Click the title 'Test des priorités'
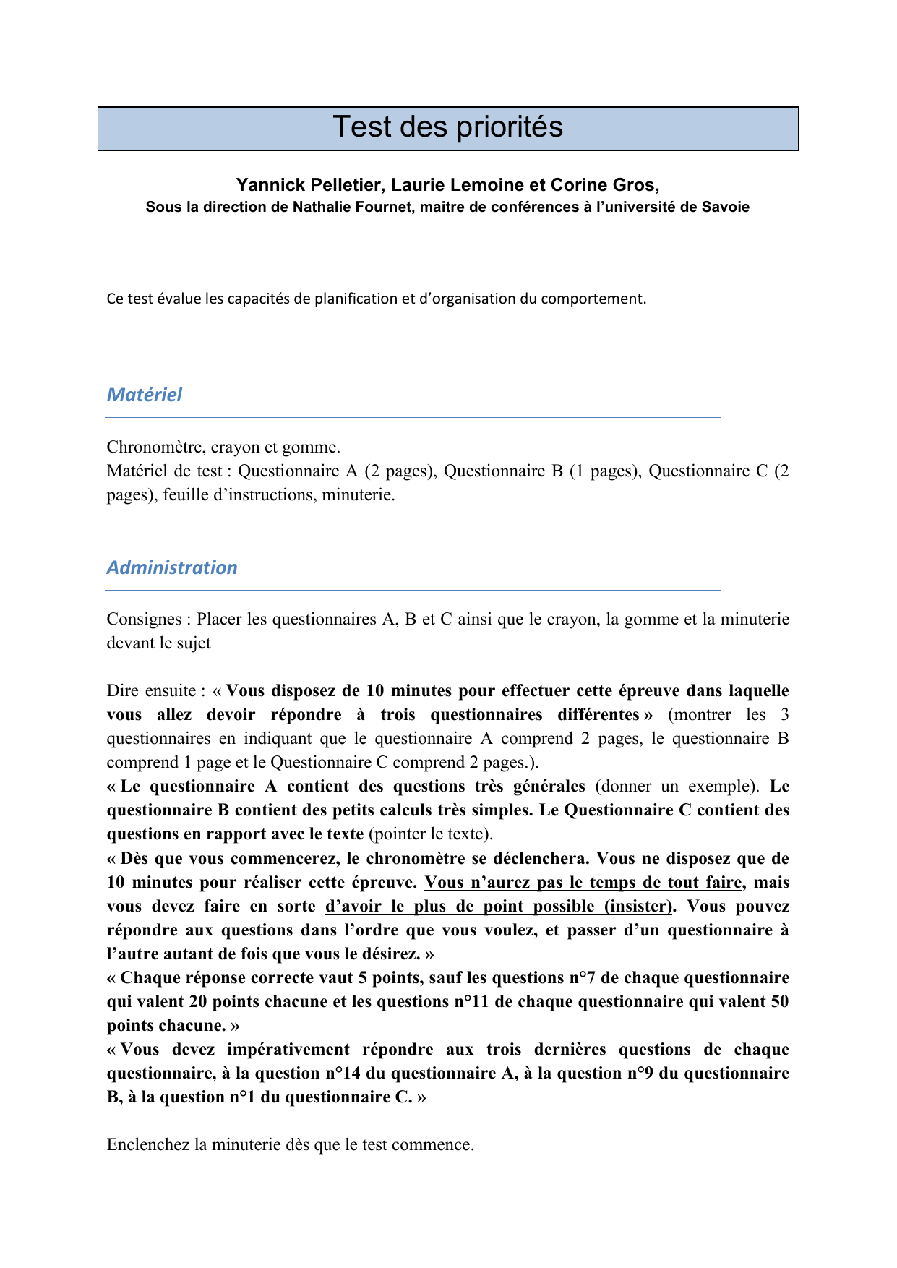[447, 127]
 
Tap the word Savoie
[725, 207]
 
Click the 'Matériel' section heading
[145, 395]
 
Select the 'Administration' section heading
[172, 567]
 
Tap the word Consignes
[144, 620]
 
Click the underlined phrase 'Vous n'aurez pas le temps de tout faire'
[583, 883]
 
